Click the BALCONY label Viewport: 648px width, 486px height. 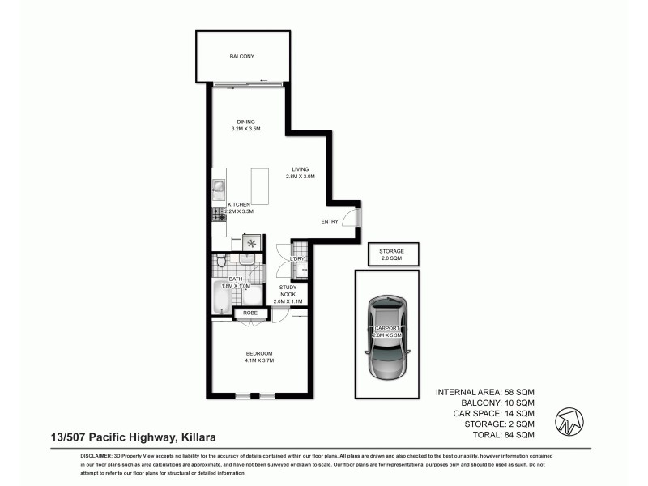point(241,56)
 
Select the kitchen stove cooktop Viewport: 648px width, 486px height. point(217,214)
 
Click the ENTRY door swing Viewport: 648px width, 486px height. point(350,218)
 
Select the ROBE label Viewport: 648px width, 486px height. point(250,312)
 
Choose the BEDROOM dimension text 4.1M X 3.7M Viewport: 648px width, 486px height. point(259,360)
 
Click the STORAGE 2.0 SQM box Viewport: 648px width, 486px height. point(391,254)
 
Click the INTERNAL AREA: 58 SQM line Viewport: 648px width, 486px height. point(484,392)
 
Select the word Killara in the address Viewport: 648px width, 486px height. point(198,437)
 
